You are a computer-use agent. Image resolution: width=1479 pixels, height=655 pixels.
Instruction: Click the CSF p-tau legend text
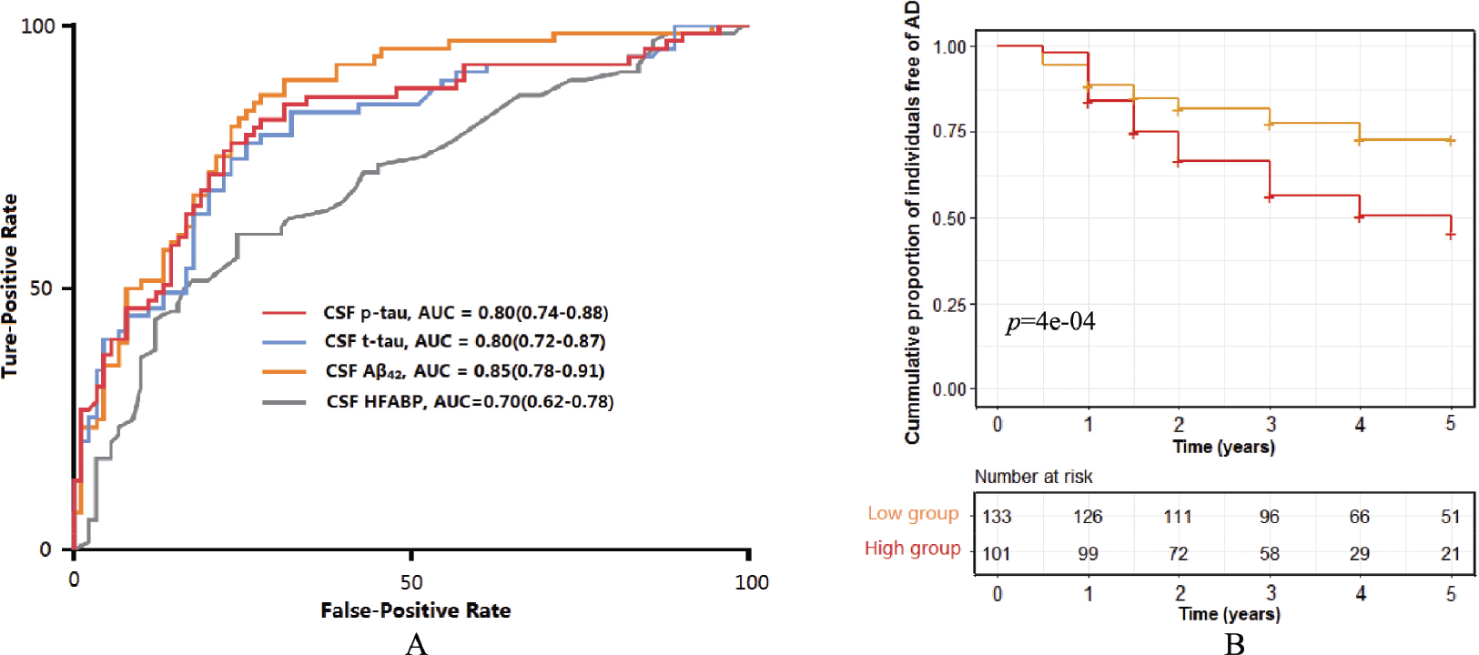click(x=465, y=312)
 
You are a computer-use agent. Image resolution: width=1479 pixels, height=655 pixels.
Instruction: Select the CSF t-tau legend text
click(x=465, y=341)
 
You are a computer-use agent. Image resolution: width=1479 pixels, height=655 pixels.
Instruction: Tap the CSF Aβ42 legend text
click(x=465, y=371)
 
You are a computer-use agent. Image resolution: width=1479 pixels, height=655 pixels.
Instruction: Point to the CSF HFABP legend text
click(x=470, y=401)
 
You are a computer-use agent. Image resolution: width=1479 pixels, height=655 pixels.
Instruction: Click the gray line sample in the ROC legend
click(x=284, y=402)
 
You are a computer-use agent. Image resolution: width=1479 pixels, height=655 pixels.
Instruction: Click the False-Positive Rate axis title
click(x=415, y=610)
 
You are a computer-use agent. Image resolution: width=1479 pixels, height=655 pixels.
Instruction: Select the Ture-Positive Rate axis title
click(x=9, y=286)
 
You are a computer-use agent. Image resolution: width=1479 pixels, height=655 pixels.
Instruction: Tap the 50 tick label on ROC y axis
click(x=40, y=289)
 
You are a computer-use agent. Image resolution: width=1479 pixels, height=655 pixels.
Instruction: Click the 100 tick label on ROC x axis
click(x=752, y=582)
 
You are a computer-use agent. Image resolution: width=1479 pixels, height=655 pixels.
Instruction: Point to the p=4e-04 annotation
click(x=1050, y=322)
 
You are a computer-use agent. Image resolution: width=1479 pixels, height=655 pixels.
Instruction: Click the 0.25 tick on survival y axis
click(x=949, y=305)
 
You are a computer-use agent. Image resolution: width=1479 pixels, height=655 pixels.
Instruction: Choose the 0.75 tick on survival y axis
click(x=949, y=131)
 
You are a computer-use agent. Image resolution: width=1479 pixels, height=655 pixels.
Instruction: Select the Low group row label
click(x=913, y=514)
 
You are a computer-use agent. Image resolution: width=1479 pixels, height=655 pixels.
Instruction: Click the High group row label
click(x=913, y=549)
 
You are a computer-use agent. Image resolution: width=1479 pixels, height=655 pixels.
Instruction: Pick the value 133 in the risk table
click(x=997, y=517)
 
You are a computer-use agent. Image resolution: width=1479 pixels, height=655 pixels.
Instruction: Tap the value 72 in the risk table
click(x=1178, y=553)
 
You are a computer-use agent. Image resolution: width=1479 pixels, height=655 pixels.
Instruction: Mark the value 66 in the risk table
click(x=1360, y=517)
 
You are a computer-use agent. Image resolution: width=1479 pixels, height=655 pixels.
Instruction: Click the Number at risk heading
click(x=1033, y=477)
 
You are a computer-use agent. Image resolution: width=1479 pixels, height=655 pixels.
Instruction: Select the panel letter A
click(x=417, y=644)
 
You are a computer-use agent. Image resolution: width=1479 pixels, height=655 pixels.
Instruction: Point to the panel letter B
click(x=1234, y=644)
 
